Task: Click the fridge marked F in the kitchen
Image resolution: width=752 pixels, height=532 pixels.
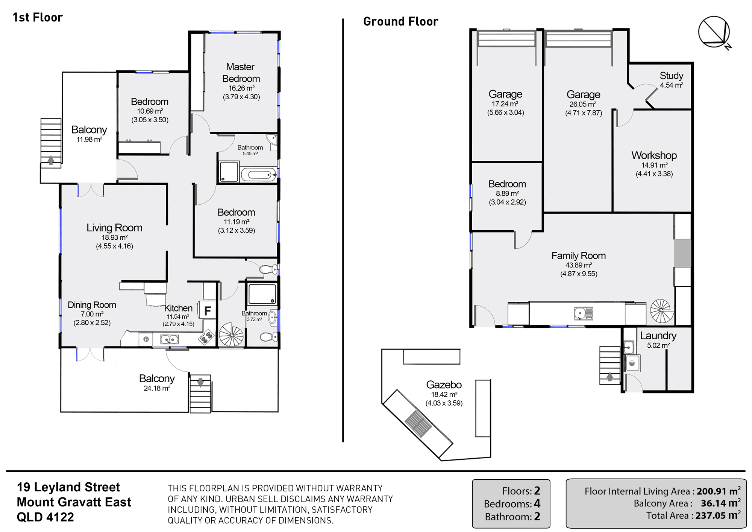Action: click(207, 311)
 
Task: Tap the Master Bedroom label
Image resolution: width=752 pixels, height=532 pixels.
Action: click(241, 73)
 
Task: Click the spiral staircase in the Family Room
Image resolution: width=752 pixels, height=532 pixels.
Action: click(661, 311)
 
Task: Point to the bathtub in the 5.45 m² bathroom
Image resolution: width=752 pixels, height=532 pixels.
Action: click(259, 175)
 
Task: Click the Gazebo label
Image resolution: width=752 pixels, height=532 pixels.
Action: click(444, 385)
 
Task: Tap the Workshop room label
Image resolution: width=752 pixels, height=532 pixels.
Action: click(654, 155)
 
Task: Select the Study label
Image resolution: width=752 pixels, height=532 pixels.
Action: click(672, 76)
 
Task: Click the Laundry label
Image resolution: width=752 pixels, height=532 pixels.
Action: click(658, 336)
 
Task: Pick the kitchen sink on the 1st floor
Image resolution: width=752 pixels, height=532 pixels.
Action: click(169, 339)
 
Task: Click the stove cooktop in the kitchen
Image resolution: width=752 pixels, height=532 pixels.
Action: click(206, 337)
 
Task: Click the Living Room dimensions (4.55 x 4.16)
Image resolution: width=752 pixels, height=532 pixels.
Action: click(114, 246)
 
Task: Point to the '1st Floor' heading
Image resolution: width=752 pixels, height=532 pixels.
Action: click(38, 17)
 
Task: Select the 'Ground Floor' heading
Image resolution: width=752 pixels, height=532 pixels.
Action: click(400, 21)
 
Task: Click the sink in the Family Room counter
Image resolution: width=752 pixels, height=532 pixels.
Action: click(584, 313)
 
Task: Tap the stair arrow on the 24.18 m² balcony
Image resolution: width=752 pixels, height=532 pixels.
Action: click(200, 382)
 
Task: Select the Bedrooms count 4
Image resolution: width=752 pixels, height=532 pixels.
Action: click(537, 503)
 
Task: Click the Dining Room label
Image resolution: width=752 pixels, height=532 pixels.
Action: click(92, 305)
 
